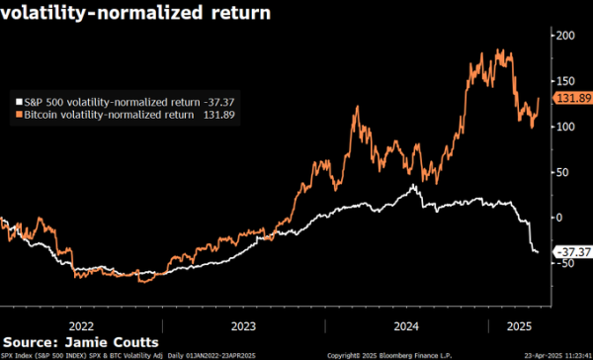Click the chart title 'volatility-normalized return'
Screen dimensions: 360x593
137,15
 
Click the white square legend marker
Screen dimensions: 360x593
18,101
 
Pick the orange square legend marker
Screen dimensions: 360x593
18,115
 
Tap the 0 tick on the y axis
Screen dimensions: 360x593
560,217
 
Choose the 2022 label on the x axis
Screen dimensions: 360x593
81,323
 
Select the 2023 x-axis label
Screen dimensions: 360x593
243,323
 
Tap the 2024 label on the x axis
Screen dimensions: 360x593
405,323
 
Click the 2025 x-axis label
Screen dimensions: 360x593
516,323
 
